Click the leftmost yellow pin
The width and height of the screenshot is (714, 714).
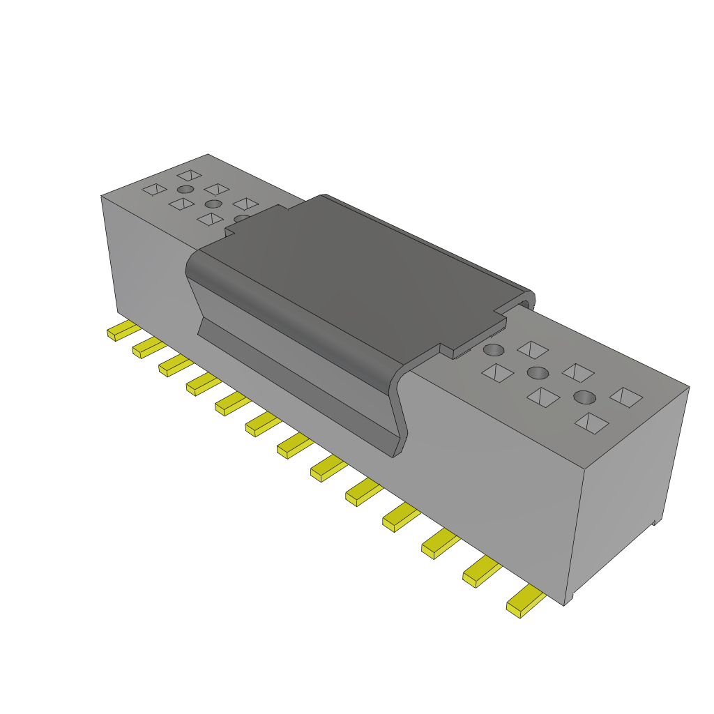point(121,331)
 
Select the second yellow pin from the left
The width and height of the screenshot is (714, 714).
point(147,347)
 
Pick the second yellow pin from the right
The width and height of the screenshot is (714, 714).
point(481,573)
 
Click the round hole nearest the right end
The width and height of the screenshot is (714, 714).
point(584,397)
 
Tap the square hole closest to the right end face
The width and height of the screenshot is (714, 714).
point(625,397)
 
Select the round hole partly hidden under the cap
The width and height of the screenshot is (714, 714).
point(241,219)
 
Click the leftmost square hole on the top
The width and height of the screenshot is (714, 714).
point(154,189)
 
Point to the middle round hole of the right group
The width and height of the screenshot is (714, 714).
point(538,372)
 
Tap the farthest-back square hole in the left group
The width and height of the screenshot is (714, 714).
point(189,174)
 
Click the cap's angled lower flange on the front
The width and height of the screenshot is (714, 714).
point(293,383)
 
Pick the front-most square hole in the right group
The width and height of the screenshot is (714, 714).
point(591,423)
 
